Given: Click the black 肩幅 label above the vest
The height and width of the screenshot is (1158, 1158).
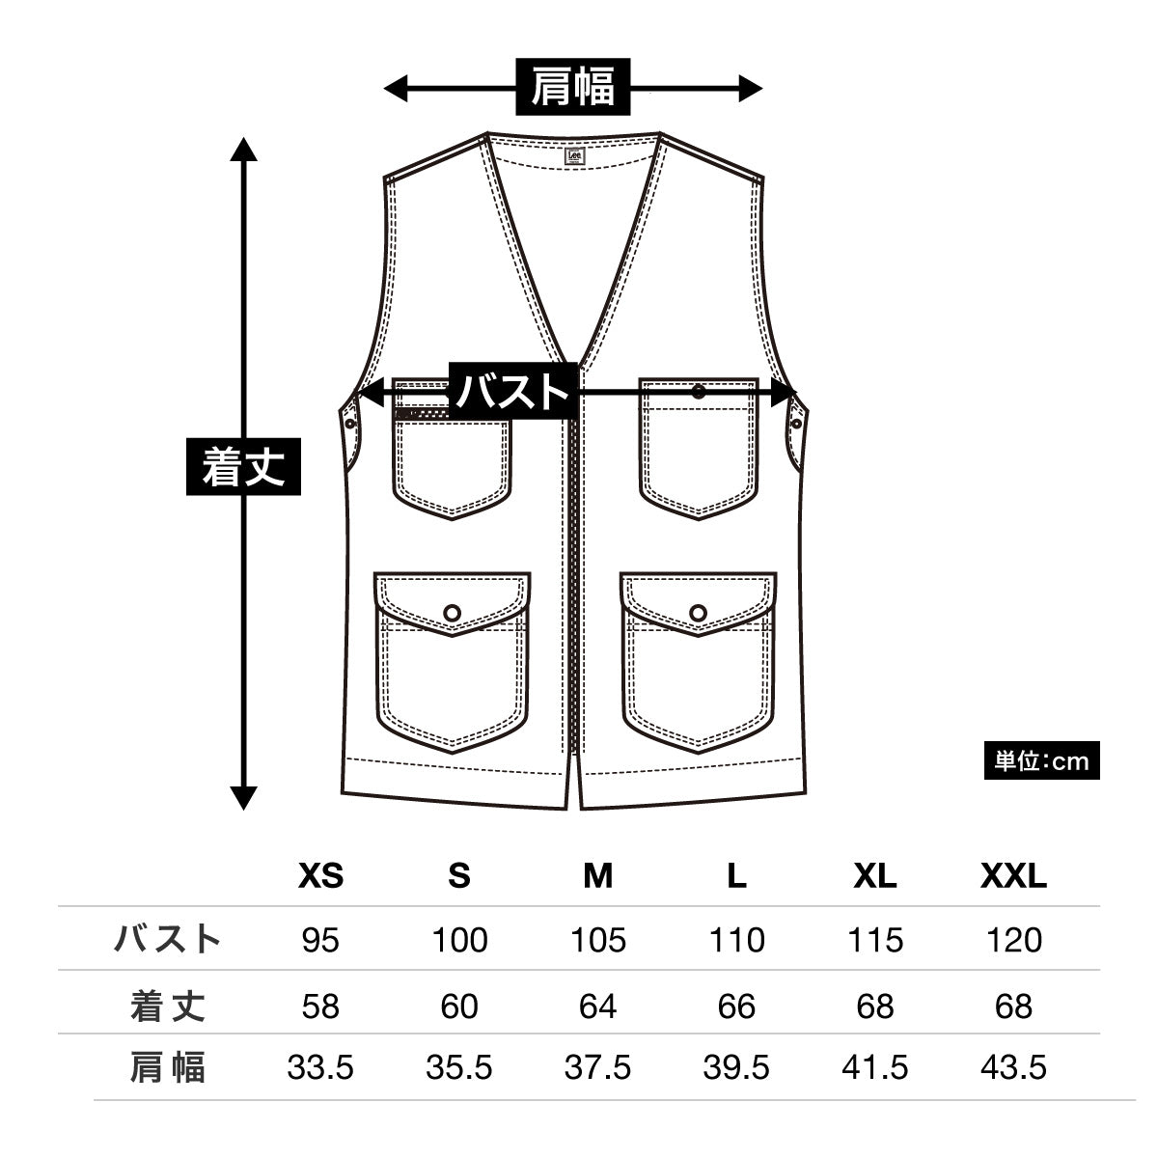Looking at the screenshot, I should [x=573, y=88].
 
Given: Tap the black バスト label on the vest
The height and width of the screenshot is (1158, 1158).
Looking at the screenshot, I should [x=513, y=392].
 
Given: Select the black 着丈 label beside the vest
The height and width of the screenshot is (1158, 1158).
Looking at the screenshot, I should [x=243, y=467].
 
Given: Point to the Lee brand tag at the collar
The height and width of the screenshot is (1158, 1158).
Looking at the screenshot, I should [x=573, y=154].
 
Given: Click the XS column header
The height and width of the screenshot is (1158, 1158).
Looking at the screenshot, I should [x=320, y=876].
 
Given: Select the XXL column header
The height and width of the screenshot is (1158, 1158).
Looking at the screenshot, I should [x=1013, y=876].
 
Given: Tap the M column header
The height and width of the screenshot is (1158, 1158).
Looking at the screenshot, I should [x=597, y=876].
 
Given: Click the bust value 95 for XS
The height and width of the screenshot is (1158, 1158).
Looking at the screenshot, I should [x=320, y=940].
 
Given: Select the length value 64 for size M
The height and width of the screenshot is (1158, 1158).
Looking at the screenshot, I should [x=597, y=1006].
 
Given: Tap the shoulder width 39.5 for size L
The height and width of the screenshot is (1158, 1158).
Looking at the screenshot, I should [x=736, y=1068].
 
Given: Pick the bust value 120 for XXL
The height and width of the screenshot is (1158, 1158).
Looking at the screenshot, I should [x=1013, y=940].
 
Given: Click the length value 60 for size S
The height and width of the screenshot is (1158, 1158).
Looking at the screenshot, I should [x=459, y=1006].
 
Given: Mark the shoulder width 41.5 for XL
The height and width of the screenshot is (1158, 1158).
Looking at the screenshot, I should [x=875, y=1068].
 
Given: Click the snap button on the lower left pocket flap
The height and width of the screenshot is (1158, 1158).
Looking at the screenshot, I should [x=453, y=611].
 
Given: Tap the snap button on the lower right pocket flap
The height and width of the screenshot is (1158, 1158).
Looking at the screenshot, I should [x=699, y=611].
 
